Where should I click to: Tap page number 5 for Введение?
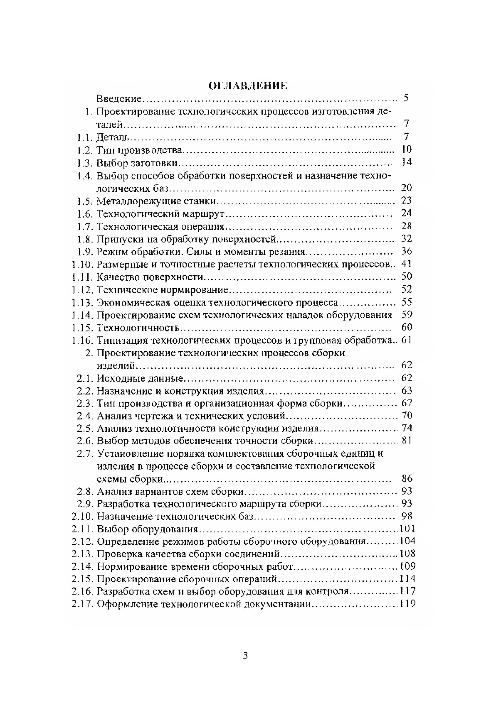(406, 98)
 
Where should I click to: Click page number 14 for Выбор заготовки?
(406, 162)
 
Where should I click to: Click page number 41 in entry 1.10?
(406, 264)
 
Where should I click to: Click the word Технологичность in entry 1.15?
(138, 328)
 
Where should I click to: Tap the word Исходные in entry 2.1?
(118, 378)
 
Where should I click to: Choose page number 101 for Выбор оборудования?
(407, 529)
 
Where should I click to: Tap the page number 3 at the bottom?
(245, 656)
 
